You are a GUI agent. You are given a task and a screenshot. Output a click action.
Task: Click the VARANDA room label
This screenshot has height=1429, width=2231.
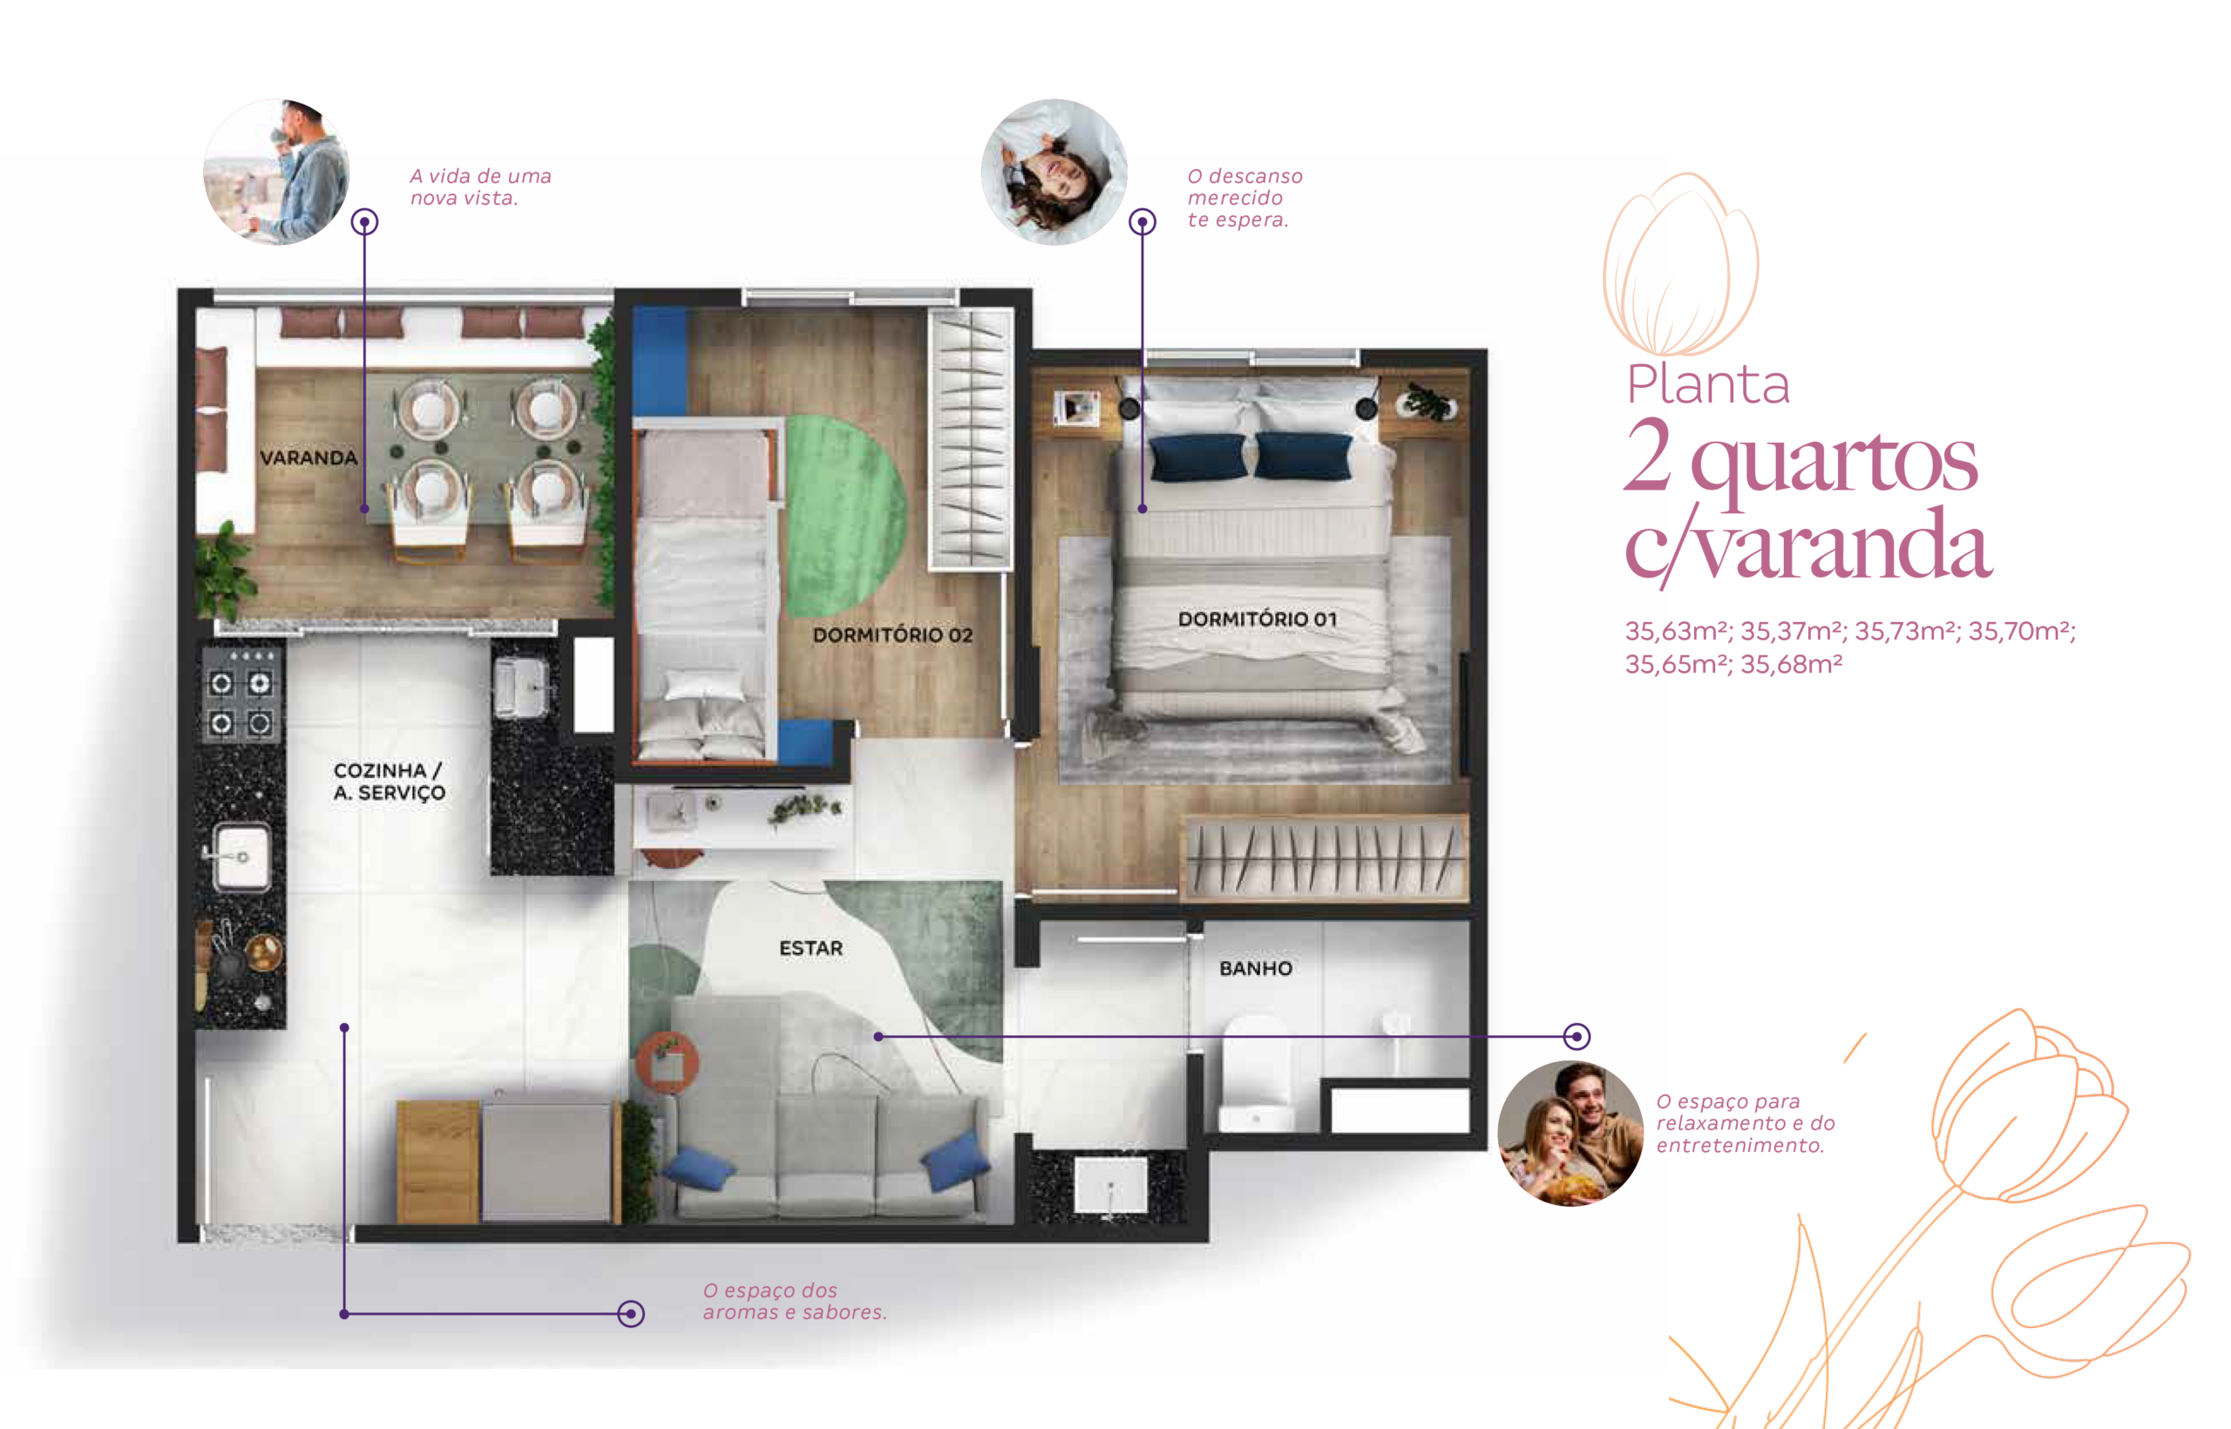pos(309,457)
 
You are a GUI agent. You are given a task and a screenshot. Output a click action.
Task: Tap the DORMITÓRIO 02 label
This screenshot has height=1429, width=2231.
pos(892,634)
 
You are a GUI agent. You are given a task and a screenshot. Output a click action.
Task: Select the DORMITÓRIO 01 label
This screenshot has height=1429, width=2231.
pos(1257,618)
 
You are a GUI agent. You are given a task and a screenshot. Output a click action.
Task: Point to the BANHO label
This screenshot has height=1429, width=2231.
pos(1255,968)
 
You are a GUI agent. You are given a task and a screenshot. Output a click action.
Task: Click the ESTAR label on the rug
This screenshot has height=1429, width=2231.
pos(810,947)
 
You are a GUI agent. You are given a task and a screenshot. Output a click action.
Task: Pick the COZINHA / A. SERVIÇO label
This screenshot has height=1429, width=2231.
pos(389,782)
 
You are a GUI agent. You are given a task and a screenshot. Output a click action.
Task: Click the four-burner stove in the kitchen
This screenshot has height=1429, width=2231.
pos(241,702)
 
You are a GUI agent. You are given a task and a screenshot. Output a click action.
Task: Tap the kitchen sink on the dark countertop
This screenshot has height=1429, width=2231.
pos(242,857)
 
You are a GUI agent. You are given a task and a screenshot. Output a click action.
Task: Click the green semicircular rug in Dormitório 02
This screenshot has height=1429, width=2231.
pos(844,516)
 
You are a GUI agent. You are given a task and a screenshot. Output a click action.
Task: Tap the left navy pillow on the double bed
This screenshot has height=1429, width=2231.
pos(1197,457)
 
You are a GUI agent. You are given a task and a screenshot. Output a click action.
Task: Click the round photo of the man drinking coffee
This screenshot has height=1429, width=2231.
pos(276,173)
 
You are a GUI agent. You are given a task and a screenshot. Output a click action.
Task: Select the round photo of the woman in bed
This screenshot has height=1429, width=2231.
pos(1054,173)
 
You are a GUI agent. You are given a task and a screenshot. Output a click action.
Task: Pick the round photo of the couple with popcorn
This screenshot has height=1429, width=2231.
pos(1570,1132)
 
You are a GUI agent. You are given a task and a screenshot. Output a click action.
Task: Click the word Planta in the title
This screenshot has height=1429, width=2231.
pos(1707,384)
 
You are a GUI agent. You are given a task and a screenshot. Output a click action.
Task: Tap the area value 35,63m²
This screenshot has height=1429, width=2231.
pos(1678,631)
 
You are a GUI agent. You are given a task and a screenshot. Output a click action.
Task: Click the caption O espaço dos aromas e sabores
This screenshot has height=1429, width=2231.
pos(795,1301)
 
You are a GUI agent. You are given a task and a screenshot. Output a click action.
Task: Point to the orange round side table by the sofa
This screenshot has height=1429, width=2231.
pos(668,1061)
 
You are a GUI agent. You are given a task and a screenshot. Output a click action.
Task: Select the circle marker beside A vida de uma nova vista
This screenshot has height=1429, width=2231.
pos(365,222)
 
